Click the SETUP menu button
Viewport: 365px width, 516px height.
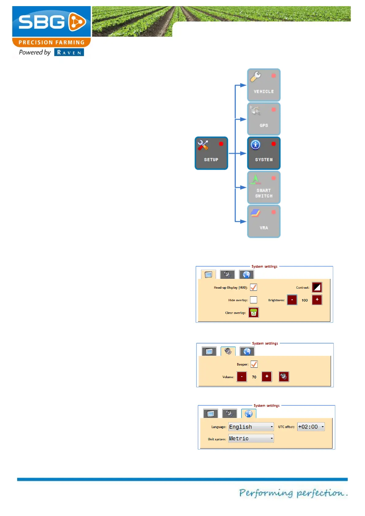(x=211, y=153)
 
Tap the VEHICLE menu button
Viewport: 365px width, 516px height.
(x=264, y=85)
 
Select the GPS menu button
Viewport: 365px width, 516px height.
(x=264, y=119)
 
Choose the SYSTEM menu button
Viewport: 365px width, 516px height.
(x=264, y=153)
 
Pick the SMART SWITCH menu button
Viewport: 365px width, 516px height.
(x=264, y=188)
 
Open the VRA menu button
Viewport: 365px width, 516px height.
(x=264, y=222)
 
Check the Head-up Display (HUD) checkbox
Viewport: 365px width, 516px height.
(x=253, y=287)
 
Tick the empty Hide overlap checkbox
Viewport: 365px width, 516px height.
(x=253, y=300)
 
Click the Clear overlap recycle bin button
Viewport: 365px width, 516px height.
(x=253, y=313)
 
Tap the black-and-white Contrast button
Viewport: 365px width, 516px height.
(x=317, y=287)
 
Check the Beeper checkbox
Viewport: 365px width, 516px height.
(x=254, y=364)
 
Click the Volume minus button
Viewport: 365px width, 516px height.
(x=242, y=377)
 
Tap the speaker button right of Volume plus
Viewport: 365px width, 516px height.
(x=284, y=377)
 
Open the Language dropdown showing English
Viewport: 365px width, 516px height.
(x=251, y=427)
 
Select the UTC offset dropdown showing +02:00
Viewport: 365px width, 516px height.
(x=311, y=427)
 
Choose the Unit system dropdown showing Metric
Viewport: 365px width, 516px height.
(x=251, y=438)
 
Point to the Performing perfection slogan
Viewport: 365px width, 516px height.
(x=293, y=493)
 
